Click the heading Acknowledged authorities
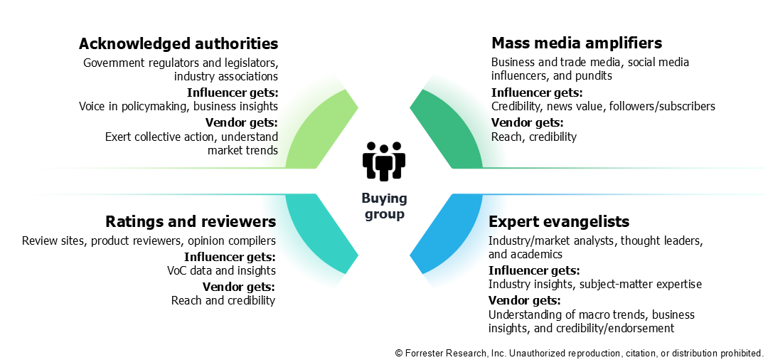click(x=178, y=44)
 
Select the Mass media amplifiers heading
click(x=577, y=43)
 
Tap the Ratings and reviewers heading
click(x=191, y=221)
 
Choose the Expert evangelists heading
click(x=558, y=222)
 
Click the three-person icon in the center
click(x=383, y=161)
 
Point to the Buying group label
click(x=383, y=206)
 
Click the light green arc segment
click(x=313, y=132)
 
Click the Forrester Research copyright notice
click(x=579, y=352)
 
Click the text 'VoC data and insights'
click(x=221, y=270)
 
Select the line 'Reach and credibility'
click(x=223, y=300)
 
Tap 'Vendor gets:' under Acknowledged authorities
click(x=241, y=122)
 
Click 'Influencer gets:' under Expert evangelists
click(x=533, y=270)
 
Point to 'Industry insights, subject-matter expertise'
click(x=594, y=285)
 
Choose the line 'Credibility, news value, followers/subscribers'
click(x=603, y=107)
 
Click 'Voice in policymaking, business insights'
click(x=178, y=107)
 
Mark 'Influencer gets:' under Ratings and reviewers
click(x=230, y=256)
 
